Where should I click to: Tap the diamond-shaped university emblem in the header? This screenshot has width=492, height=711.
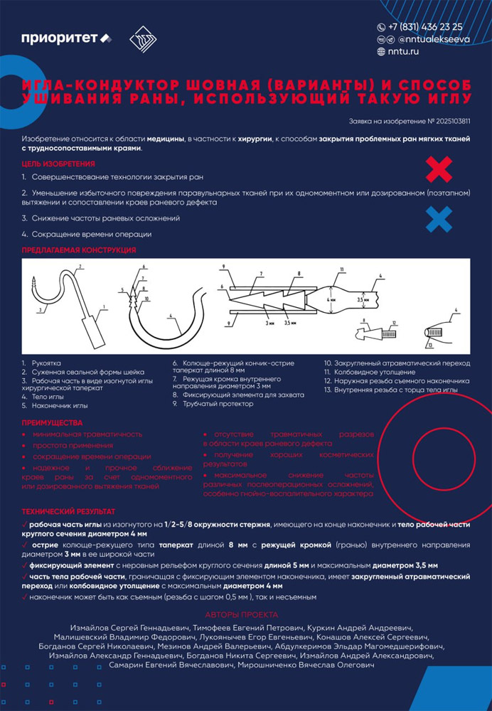tap(143, 38)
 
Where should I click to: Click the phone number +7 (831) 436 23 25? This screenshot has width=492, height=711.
tap(425, 27)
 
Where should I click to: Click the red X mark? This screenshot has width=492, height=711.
tap(439, 170)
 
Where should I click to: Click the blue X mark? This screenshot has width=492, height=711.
tap(439, 219)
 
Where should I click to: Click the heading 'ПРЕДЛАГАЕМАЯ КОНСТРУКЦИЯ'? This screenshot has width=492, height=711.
tap(78, 250)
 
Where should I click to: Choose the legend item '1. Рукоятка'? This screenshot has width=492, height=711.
tap(42, 363)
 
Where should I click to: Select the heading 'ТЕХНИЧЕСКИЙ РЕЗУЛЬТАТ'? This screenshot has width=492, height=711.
tap(68, 511)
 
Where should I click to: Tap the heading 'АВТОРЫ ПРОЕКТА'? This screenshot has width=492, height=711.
tap(241, 614)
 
